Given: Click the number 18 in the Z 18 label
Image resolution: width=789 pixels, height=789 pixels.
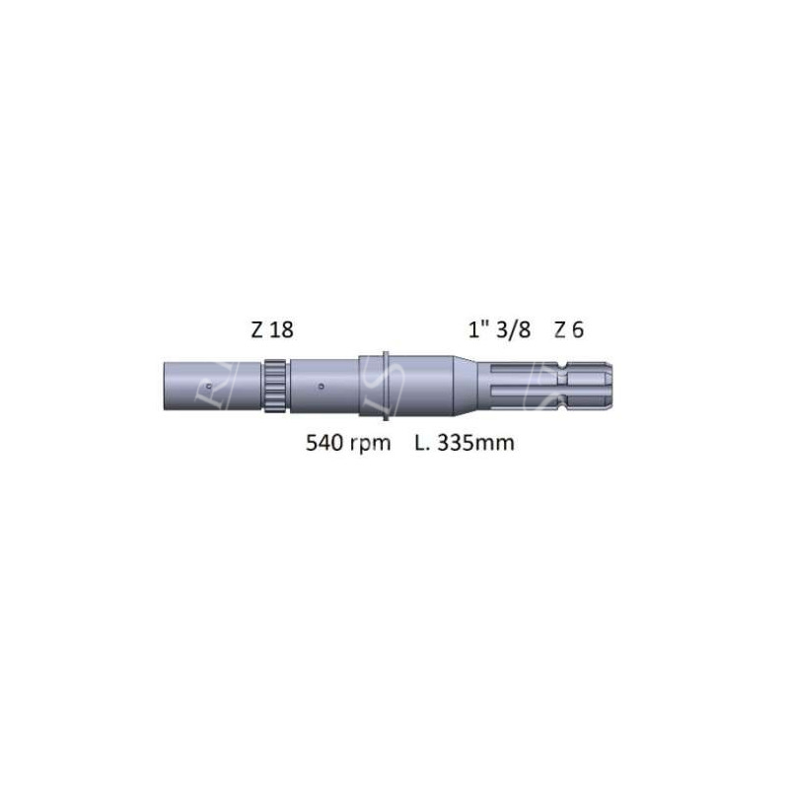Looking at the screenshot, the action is click(x=281, y=330).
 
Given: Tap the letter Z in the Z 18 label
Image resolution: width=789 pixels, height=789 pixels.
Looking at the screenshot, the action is click(x=257, y=330).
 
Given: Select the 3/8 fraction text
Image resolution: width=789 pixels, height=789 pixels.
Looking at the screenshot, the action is click(x=513, y=330).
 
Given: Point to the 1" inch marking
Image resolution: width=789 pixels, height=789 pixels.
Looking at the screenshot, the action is click(x=478, y=330).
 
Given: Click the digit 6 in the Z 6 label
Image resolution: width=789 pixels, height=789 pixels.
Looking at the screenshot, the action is click(x=578, y=330).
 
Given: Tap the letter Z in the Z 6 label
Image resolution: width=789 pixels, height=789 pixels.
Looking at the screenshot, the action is click(x=560, y=330).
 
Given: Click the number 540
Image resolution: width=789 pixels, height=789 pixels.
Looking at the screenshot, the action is click(x=323, y=443).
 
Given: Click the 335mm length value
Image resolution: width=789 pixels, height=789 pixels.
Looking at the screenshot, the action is click(x=476, y=443).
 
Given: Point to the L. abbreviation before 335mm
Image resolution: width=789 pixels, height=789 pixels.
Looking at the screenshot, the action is click(x=422, y=443).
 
